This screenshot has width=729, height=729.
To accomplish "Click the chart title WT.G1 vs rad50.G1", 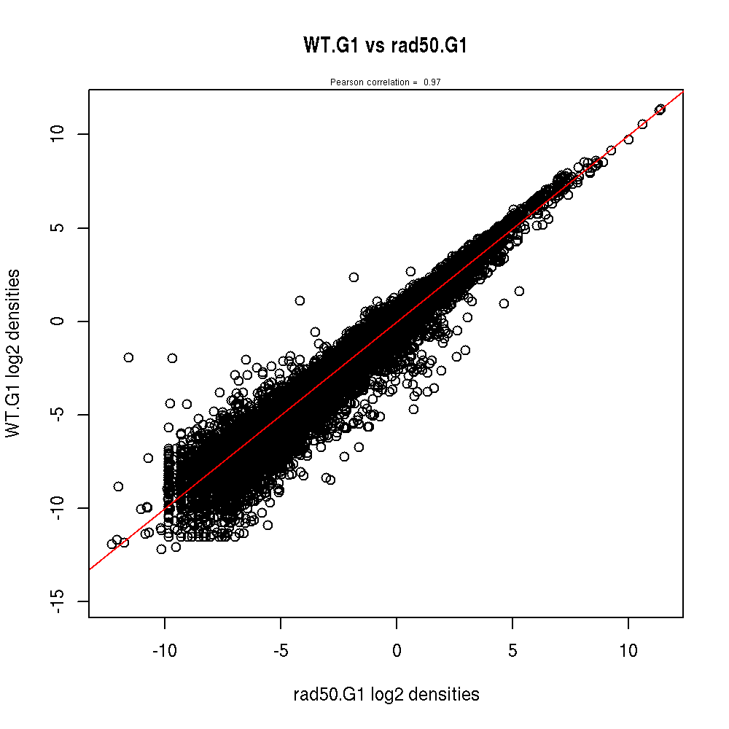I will pos(385,46).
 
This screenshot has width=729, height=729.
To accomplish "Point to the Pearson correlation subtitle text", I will pos(373,82).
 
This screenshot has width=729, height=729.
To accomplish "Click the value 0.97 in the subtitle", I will pos(432,82).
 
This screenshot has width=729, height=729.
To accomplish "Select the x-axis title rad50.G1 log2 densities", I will pos(386,695).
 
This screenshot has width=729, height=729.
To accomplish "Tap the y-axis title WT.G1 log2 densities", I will pos(12,354).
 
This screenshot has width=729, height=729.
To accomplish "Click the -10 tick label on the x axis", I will pos(164,649).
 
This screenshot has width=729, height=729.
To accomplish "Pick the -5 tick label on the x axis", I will pos(281,649).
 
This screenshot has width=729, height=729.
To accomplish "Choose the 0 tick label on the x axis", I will pos(397,649).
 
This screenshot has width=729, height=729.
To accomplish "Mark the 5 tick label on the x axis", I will pos(512,649).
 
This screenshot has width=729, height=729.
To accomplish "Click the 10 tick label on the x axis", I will pos(628,649).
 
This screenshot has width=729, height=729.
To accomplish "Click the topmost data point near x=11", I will pos(660,109).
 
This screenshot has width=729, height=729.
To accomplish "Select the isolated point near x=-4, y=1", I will pos(300,300).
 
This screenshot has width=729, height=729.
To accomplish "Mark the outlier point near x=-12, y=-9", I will pos(118,486).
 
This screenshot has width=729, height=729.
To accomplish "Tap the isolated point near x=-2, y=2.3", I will pos(354,277).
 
